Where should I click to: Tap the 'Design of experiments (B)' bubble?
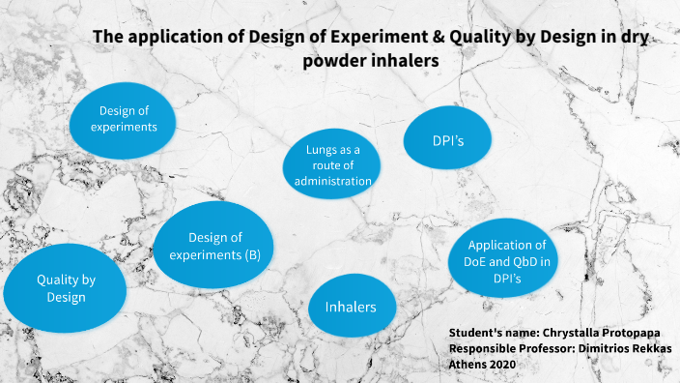[214, 246]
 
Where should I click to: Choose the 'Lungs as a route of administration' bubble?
[334, 164]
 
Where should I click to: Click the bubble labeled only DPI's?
[448, 141]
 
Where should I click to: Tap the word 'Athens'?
[468, 364]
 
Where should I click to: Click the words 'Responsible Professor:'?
[513, 348]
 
